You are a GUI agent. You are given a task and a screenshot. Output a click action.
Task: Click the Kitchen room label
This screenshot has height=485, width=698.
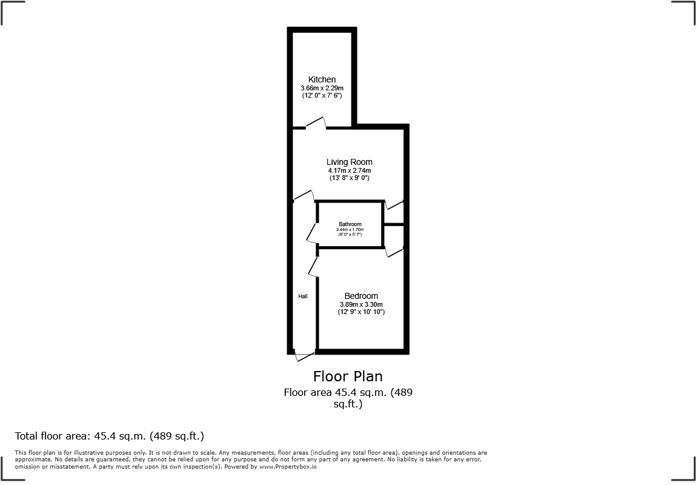tap(322, 79)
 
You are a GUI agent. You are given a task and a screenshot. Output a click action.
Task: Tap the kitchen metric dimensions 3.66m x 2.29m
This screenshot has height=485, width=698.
tap(322, 89)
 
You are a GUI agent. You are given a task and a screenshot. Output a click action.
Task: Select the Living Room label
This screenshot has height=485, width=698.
tap(349, 162)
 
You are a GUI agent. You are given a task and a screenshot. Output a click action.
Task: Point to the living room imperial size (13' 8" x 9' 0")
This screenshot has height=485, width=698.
tap(349, 178)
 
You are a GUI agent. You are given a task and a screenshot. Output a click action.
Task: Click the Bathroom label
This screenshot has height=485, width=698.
tap(350, 224)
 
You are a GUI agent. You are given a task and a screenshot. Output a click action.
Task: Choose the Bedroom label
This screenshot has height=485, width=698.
tap(361, 296)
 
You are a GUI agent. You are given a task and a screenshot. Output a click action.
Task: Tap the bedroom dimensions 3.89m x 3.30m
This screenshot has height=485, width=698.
tap(361, 304)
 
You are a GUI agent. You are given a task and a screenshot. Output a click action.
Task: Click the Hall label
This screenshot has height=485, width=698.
tap(303, 296)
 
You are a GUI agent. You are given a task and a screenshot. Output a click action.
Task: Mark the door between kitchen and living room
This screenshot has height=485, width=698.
tap(316, 123)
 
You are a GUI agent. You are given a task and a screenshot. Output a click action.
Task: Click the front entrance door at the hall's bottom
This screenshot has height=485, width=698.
tap(305, 356)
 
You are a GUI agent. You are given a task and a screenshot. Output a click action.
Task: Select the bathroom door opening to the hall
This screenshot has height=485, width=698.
tap(311, 232)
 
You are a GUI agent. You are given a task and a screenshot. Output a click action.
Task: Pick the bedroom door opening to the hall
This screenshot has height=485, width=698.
tap(313, 266)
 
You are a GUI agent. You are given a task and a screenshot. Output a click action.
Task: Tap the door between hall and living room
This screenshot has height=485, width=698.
tap(303, 196)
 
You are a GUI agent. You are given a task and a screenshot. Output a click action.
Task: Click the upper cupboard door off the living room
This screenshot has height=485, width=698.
tap(394, 205)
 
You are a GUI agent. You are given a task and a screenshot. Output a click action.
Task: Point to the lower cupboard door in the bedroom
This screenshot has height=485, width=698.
tap(394, 251)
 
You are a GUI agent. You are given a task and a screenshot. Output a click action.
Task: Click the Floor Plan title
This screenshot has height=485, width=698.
tap(348, 376)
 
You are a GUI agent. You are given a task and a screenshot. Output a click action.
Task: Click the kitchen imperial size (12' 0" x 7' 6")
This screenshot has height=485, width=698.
tap(322, 96)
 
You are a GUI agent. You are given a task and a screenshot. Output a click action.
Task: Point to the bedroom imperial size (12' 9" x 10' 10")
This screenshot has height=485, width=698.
tap(361, 312)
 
